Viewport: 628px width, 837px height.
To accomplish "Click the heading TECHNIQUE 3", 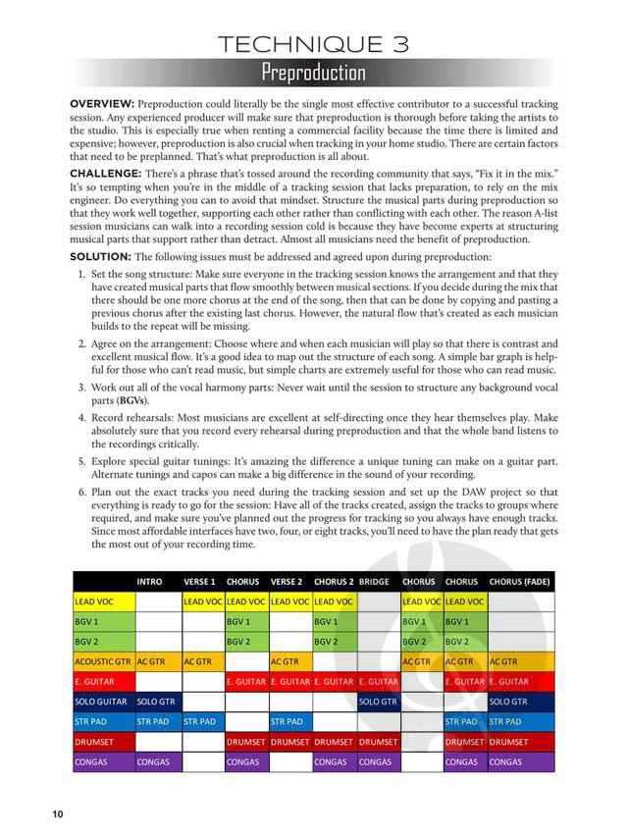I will click(313, 42).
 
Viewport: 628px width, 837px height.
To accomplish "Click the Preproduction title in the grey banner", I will click(313, 74).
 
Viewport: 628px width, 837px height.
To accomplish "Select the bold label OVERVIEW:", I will click(102, 103).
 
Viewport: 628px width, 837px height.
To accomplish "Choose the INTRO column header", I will click(150, 581).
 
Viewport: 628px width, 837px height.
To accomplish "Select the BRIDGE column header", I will click(375, 581).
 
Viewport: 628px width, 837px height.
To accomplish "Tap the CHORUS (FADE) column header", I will click(519, 581).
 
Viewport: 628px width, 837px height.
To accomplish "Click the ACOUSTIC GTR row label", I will click(103, 661).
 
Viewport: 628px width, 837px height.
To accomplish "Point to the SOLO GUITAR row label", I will click(101, 702).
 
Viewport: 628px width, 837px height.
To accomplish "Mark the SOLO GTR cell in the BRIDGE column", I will click(378, 702).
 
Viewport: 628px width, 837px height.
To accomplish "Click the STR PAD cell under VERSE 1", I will click(201, 722).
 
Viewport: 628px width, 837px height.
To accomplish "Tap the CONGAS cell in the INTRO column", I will click(154, 761).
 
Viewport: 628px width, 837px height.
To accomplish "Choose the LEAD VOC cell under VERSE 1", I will click(203, 601).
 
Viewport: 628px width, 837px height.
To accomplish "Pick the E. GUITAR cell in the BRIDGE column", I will click(379, 681).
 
